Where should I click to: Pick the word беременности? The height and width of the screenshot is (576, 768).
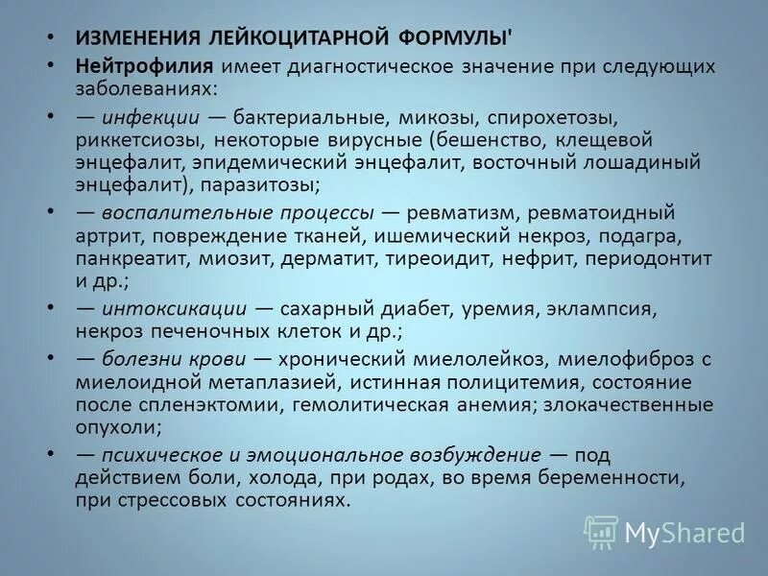coord(633,478)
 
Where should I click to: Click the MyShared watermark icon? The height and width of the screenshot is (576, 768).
coord(602,531)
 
